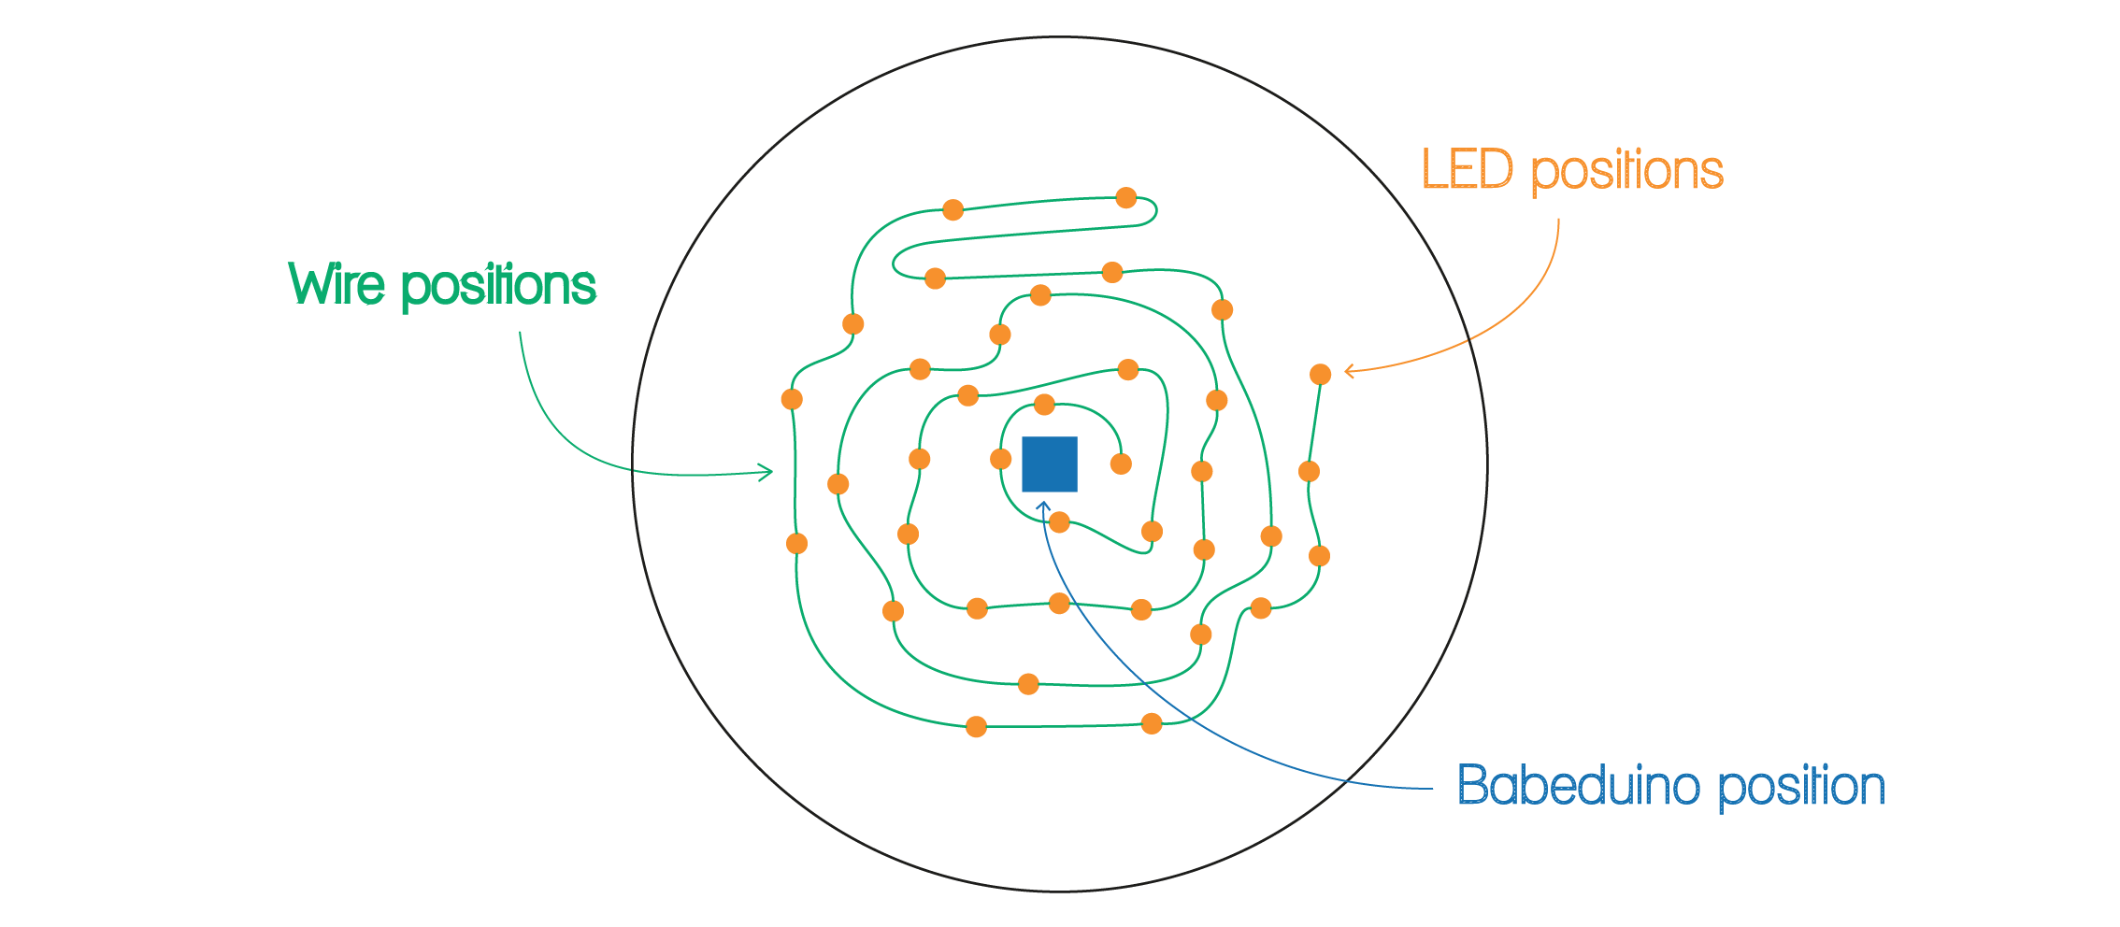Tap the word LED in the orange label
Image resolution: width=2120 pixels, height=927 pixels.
tap(1467, 170)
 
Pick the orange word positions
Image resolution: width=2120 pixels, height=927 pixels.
tap(1626, 172)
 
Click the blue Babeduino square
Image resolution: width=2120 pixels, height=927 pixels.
tap(1049, 464)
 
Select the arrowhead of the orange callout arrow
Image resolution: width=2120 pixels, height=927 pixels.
tap(1347, 371)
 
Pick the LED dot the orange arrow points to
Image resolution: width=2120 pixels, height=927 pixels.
tap(1320, 375)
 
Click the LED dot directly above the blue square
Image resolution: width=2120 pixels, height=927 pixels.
tap(1044, 405)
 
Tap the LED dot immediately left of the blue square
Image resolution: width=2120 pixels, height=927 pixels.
tap(1000, 459)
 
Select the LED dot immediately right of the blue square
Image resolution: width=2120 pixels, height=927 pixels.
tap(1121, 463)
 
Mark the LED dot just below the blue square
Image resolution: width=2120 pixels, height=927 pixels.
tap(1059, 522)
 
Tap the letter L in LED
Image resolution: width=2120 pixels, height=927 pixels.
tap(1433, 170)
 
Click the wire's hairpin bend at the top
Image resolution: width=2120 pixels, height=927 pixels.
tap(1155, 211)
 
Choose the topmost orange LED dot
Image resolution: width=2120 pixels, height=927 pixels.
tap(1126, 198)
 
